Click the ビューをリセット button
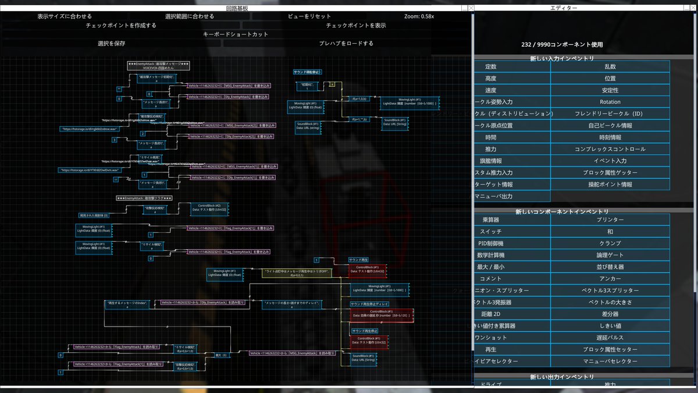[309, 16]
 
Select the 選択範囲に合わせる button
[189, 16]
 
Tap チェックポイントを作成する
[121, 26]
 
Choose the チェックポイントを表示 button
[356, 26]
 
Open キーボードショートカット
[236, 34]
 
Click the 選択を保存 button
[111, 44]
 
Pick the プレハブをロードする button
[346, 44]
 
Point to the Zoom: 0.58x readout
[419, 16]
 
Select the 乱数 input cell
[610, 67]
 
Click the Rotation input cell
[610, 102]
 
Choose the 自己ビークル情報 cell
[610, 126]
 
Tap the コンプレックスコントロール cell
[610, 149]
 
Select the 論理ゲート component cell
[610, 255]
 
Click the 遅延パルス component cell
[610, 338]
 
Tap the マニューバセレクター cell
[610, 362]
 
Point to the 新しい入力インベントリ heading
[561, 59]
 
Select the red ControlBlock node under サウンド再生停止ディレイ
[382, 314]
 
